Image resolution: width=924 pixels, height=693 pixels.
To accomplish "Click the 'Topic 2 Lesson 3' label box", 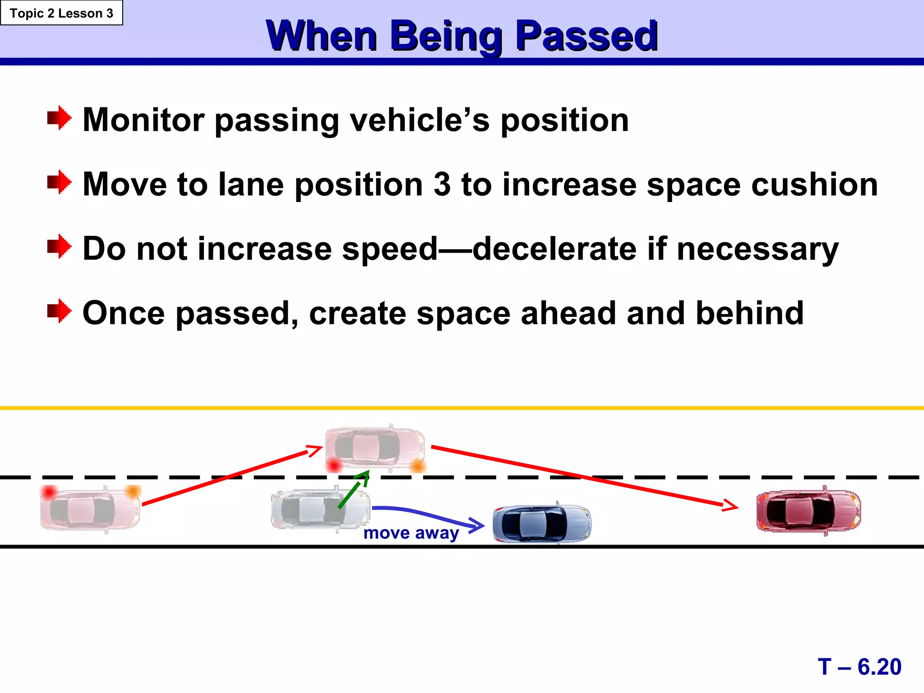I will (x=61, y=13).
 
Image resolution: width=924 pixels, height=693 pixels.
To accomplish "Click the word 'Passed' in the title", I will (x=586, y=36).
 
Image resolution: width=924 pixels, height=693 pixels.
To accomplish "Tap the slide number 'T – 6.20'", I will (x=859, y=666).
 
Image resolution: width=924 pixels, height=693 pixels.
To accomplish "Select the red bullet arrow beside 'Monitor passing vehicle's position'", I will (x=59, y=118).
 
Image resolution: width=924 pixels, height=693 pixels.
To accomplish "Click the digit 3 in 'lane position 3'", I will (x=442, y=185).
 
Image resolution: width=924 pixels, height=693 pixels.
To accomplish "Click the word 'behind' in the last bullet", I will (x=749, y=313).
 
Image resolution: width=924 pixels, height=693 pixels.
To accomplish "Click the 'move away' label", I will (x=411, y=533).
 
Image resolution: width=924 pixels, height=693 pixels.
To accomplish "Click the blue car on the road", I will (x=542, y=523).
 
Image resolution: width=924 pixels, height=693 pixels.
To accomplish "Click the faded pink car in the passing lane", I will (x=375, y=448).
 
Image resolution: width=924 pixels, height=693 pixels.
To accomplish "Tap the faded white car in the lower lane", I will (x=320, y=508).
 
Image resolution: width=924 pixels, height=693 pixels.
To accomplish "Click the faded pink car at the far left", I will (x=90, y=509).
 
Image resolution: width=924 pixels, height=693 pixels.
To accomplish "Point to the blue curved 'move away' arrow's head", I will (x=478, y=525).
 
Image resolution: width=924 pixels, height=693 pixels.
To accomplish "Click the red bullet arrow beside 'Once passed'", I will (x=59, y=311).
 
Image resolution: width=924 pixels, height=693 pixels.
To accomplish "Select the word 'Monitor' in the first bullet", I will (x=143, y=120).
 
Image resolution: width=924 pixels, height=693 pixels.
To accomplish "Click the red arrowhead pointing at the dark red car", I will (x=731, y=505).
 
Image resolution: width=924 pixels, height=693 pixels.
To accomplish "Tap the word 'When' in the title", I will (x=322, y=36).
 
